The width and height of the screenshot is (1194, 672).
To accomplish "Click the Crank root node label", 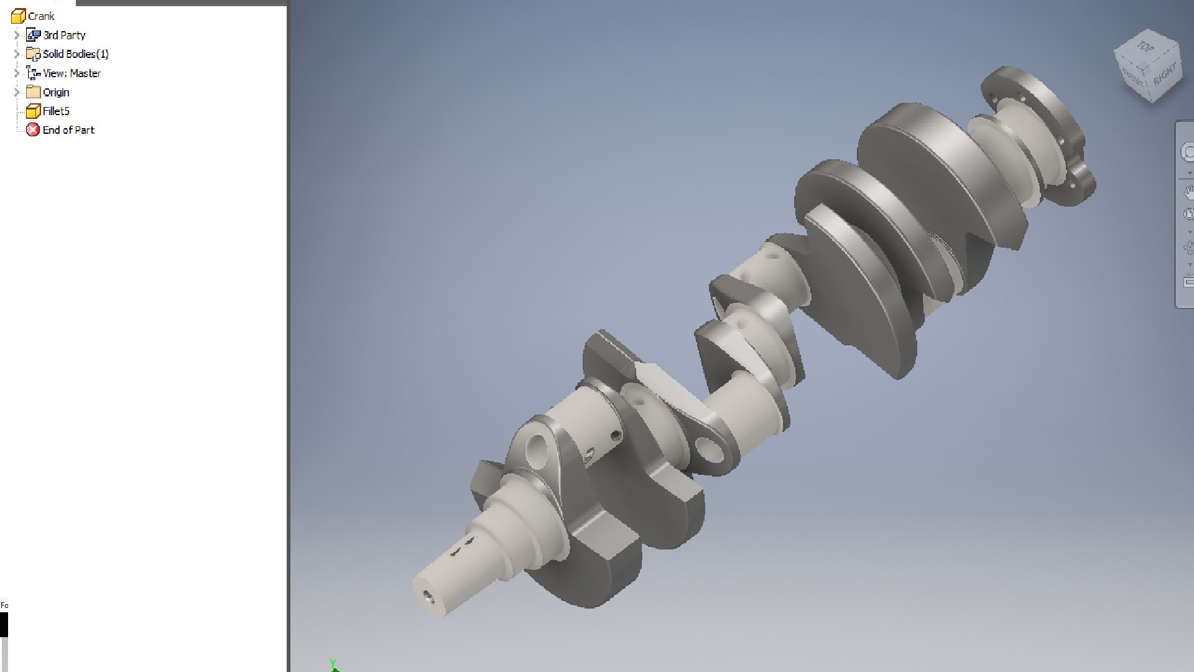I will point(41,16).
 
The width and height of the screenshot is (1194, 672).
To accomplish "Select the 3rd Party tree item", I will point(64,35).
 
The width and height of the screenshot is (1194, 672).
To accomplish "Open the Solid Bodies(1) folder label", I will point(75,54).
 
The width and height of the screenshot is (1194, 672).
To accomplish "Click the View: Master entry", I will point(72,73).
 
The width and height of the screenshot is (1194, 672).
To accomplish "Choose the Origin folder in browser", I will point(56,93).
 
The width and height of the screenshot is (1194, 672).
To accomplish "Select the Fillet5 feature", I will point(56,111).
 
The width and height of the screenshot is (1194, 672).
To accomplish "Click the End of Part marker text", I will point(68,130).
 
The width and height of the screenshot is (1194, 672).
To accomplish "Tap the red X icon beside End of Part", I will point(33,130).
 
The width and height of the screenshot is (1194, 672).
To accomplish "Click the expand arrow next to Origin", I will point(17,92).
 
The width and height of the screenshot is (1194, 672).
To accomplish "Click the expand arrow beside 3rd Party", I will point(17,35).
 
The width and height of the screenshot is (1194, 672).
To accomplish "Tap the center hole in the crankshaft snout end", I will point(428,596).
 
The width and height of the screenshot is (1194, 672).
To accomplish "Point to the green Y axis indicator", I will point(333,665).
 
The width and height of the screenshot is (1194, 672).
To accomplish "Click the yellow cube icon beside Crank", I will point(18,16).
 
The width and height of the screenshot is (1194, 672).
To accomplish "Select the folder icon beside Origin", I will point(33,92).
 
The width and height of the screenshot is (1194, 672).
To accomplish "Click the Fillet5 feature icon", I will point(33,111).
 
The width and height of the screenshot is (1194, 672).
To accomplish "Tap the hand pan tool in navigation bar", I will point(1188,191).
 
